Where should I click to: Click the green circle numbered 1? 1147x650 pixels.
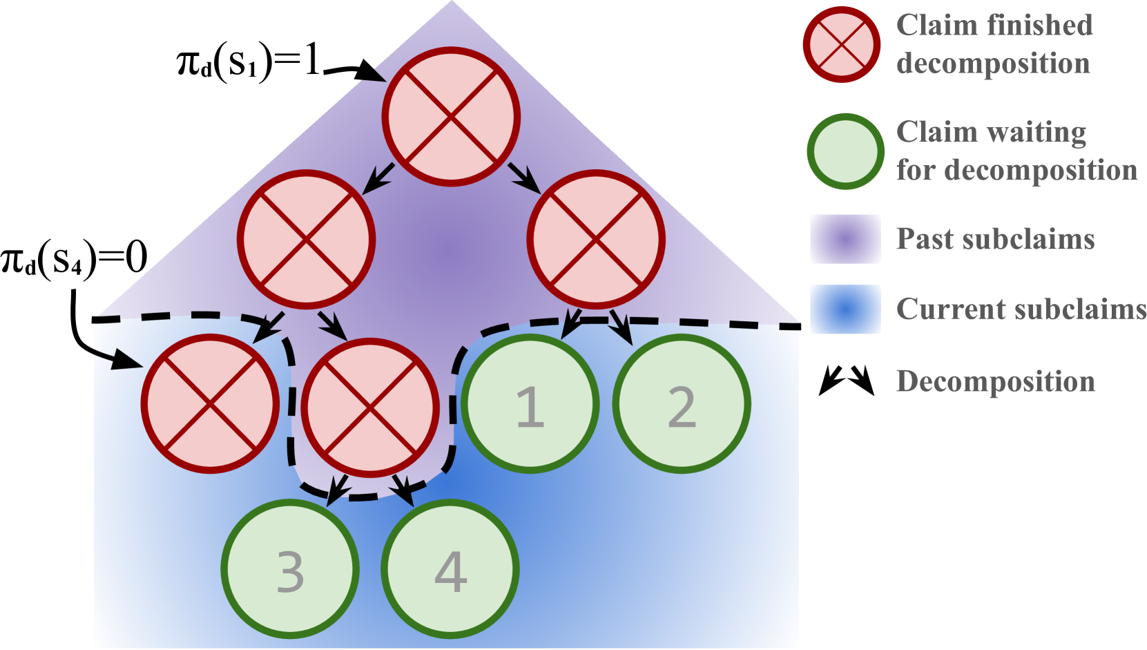coord(530,404)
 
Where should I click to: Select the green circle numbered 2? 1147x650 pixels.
coord(682,404)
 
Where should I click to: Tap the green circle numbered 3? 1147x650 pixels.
coord(290,569)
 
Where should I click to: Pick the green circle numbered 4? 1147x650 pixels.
coord(450,569)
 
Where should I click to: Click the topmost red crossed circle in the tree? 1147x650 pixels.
coord(451,117)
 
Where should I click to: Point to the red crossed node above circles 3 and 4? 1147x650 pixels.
coord(370,408)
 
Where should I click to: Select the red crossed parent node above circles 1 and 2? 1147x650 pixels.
coord(595,239)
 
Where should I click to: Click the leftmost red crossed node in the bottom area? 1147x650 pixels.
coord(210,403)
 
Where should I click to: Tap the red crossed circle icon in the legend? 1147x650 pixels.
coord(842,45)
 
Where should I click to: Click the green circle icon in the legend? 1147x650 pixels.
coord(845,151)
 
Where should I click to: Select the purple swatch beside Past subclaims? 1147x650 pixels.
coord(845,239)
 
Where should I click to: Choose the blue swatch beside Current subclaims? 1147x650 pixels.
coord(845,309)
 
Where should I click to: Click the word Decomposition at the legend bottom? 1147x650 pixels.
coord(995,381)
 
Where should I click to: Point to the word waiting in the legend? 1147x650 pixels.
coord(1036,132)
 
